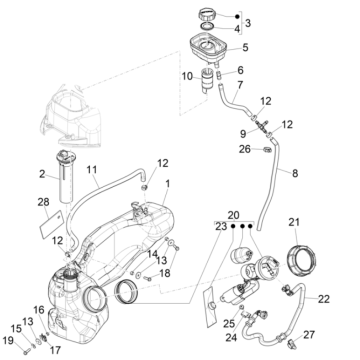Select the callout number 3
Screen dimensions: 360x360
[248, 22]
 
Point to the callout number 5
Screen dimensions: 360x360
[247, 47]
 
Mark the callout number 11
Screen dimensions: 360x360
[93, 170]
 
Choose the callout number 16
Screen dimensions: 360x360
[39, 311]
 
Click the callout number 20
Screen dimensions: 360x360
[233, 214]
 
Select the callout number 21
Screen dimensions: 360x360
[294, 222]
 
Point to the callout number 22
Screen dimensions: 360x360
[323, 298]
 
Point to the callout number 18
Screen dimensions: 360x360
[165, 273]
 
